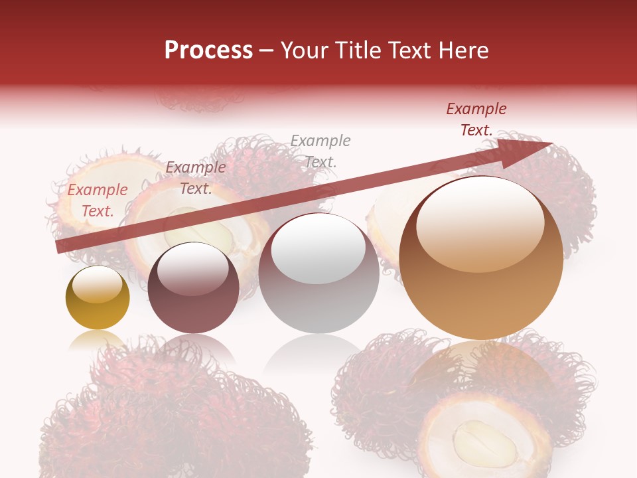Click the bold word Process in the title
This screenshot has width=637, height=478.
pyautogui.click(x=208, y=50)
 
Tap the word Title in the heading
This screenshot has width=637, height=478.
pyautogui.click(x=356, y=50)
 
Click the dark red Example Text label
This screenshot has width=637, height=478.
pyautogui.click(x=476, y=119)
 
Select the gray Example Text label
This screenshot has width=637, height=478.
pyautogui.click(x=320, y=151)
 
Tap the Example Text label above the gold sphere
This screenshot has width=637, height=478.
pyautogui.click(x=98, y=200)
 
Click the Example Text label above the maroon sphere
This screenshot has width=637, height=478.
pyautogui.click(x=196, y=178)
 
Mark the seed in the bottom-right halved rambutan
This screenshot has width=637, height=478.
pyautogui.click(x=484, y=443)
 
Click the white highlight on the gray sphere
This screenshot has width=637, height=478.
pyautogui.click(x=318, y=248)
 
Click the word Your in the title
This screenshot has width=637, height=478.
pyautogui.click(x=303, y=50)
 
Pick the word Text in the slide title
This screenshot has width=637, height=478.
pyautogui.click(x=411, y=50)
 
